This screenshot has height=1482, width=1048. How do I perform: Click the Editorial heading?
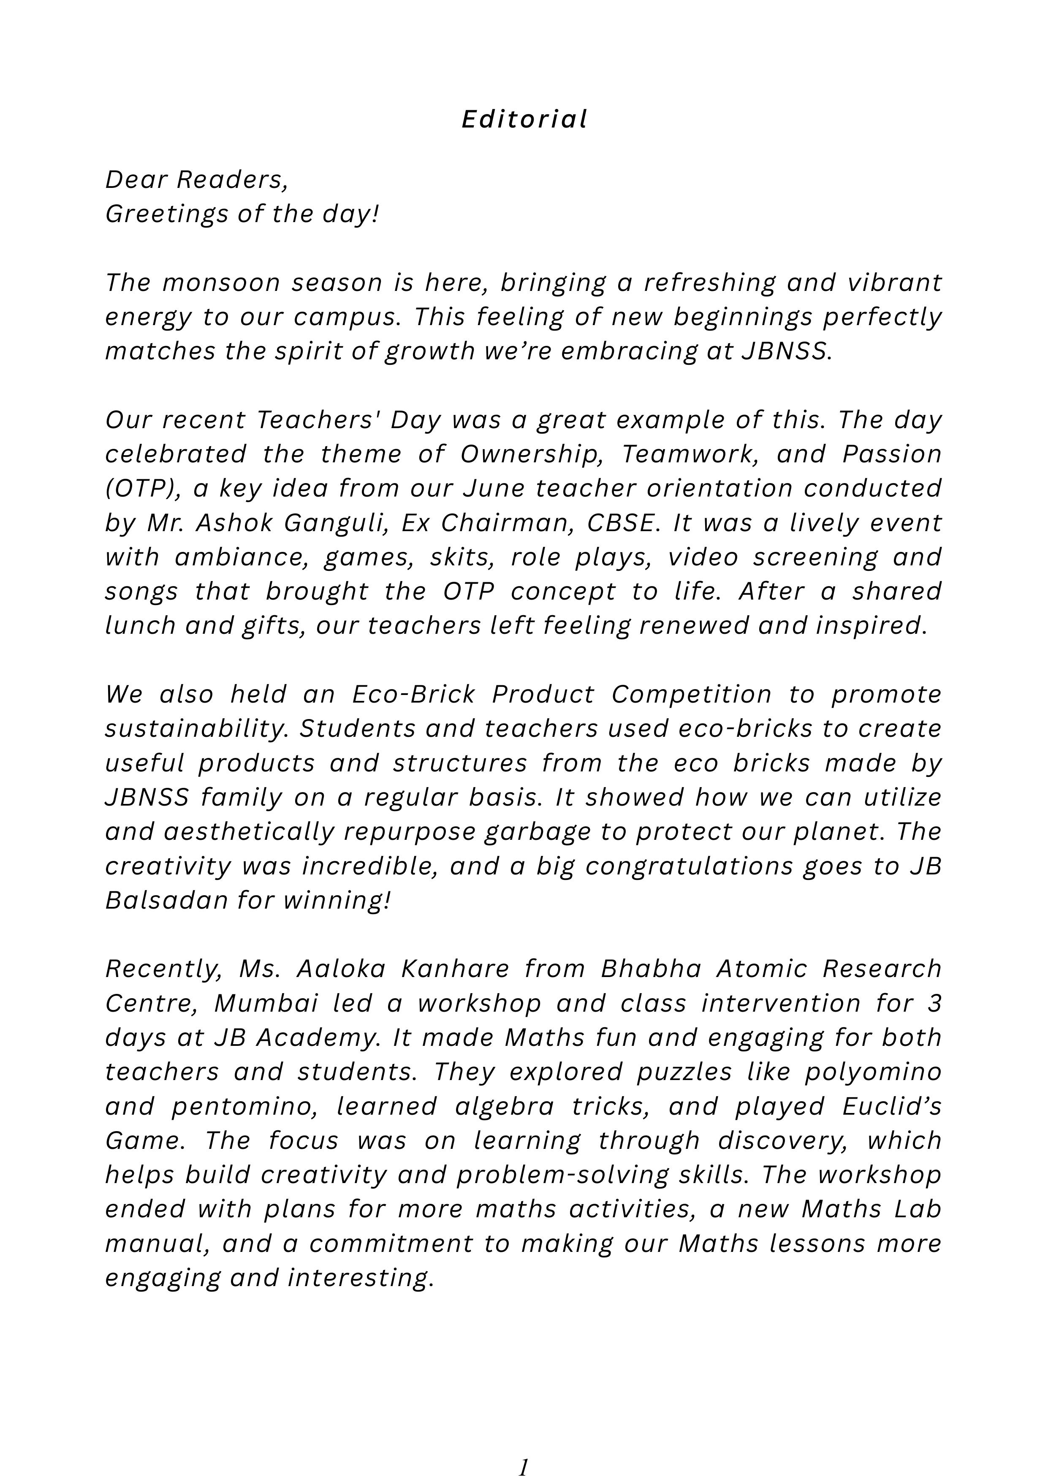click(x=524, y=119)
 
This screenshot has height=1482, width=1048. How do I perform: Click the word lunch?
click(x=138, y=625)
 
